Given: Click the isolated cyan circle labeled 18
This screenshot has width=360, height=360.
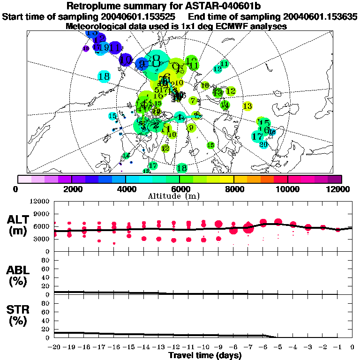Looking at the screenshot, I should coord(104,76).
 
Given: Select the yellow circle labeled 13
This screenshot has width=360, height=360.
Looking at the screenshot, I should coord(247,106).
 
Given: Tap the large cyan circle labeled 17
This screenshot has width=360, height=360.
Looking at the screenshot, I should coord(257,136).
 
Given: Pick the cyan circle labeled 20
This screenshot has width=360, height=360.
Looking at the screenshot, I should coord(263,145).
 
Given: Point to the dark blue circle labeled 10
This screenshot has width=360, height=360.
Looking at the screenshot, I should coord(126,60).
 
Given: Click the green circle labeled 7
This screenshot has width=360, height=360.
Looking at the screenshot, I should coord(193,100).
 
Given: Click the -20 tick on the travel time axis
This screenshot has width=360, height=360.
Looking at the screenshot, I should coord(54,347).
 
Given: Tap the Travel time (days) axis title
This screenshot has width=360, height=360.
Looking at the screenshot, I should coord(205,355).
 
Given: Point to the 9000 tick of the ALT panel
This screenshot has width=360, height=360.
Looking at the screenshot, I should coord(41,214).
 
